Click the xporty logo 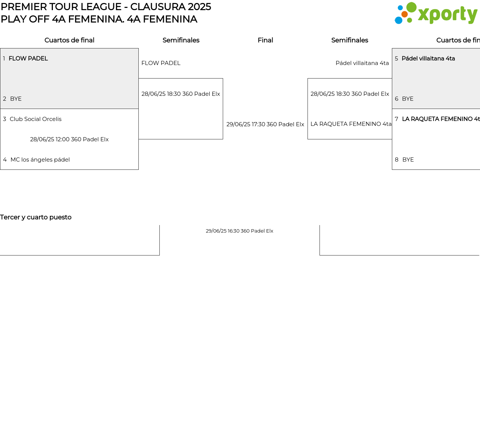click(436, 13)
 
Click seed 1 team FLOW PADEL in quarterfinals click(28, 59)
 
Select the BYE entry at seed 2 click(16, 99)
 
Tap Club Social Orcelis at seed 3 click(35, 119)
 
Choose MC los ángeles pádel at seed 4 click(40, 160)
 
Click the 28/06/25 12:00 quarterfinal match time click(69, 139)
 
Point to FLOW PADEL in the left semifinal click(161, 63)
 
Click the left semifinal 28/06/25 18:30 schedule click(181, 94)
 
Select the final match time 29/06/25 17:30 click(265, 124)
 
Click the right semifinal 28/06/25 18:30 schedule click(350, 94)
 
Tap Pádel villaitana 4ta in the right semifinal click(362, 63)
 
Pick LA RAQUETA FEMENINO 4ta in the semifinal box click(351, 124)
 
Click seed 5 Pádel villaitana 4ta click(428, 59)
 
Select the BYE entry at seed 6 click(408, 99)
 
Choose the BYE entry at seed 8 click(408, 160)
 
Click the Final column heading click(265, 40)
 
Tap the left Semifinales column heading click(181, 40)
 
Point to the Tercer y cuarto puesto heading click(36, 217)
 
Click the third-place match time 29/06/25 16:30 click(239, 231)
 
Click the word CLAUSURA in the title click(157, 7)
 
